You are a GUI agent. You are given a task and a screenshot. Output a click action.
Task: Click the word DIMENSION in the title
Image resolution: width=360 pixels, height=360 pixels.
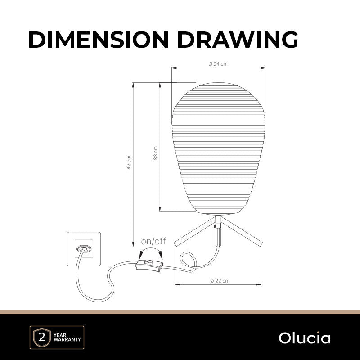coord(99,40)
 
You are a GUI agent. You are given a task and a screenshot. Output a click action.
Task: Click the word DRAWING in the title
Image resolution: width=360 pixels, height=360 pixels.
coord(238,40)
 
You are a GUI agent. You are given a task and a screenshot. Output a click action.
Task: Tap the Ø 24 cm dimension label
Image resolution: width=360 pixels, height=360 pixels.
coord(218,64)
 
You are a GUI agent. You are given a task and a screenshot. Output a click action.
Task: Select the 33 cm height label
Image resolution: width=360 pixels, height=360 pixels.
coord(156,153)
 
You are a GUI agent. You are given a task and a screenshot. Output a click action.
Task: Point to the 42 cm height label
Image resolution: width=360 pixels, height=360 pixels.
coord(129,162)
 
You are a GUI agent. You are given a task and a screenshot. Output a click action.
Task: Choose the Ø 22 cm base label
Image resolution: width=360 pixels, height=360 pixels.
coord(220,280)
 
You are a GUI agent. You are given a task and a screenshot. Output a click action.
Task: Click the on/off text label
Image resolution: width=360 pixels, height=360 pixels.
coord(153,241)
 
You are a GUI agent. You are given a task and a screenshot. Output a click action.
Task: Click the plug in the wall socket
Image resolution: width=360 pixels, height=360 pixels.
coord(84,249)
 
